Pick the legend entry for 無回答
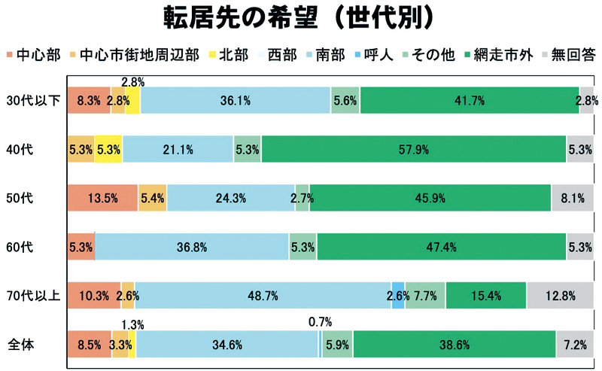pos(569,53)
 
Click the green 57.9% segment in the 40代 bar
pos(413,149)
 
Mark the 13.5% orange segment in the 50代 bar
pos(102,198)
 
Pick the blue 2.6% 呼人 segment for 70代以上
pos(398,296)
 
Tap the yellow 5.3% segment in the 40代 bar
pos(108,149)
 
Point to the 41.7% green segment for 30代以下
pos(469,100)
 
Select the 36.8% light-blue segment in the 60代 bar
pos(192,247)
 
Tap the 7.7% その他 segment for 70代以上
pos(425,296)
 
